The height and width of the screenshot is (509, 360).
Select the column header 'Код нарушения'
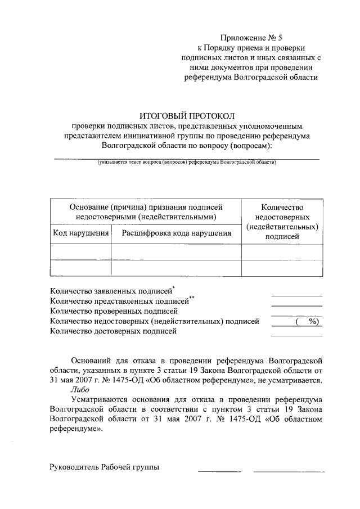[x=80, y=233]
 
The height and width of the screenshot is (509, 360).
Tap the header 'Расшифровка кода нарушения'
[x=177, y=233]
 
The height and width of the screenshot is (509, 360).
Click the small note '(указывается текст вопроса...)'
[x=186, y=162]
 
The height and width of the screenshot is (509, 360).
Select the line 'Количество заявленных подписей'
[x=111, y=291]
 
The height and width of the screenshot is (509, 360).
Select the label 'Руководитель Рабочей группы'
[x=105, y=467]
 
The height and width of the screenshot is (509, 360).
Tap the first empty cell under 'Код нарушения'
[x=80, y=252]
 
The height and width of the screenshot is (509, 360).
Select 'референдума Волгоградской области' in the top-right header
[x=251, y=77]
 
